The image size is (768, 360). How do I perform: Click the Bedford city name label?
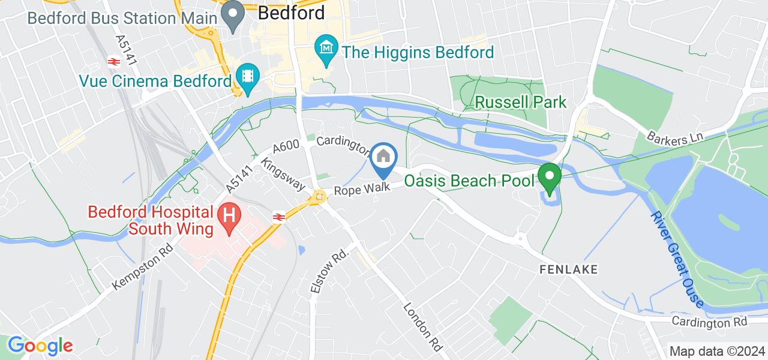[x=292, y=13]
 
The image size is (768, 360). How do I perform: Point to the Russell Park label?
[x=520, y=102]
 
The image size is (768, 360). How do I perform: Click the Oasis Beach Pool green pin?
[x=548, y=178]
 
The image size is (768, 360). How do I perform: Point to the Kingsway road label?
[x=283, y=174]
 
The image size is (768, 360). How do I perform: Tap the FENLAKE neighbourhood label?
[x=568, y=269]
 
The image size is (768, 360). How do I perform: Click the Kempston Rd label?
[x=142, y=268]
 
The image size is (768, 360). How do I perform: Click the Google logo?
[x=40, y=345]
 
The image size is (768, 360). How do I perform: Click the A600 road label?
[x=286, y=147]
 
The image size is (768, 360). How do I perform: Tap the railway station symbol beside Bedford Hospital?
[x=278, y=217]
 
